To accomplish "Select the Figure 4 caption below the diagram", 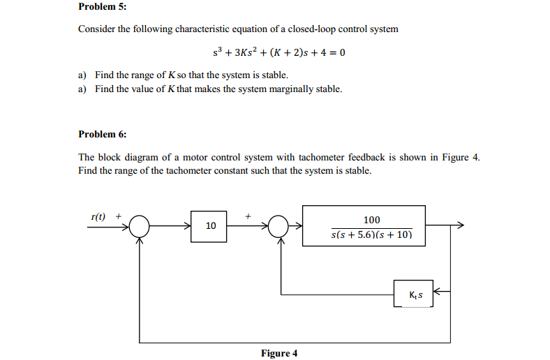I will coord(278,353).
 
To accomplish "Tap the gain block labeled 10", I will coord(211,225).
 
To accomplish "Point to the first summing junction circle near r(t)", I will coord(140,225).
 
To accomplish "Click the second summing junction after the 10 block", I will coord(279,225).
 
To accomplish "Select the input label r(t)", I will coord(99,216).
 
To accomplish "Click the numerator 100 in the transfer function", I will coord(372,219).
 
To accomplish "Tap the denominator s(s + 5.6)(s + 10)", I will coord(371,236).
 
